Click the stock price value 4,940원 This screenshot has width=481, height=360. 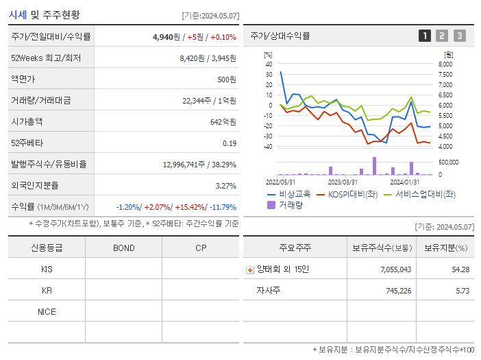pyautogui.click(x=164, y=37)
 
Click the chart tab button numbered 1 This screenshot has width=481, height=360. pyautogui.click(x=425, y=36)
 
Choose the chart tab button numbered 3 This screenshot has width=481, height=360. pyautogui.click(x=459, y=36)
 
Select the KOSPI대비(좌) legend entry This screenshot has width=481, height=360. pyautogui.click(x=348, y=194)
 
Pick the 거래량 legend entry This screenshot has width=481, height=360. pyautogui.click(x=291, y=204)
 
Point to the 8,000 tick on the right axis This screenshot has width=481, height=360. pyautogui.click(x=445, y=64)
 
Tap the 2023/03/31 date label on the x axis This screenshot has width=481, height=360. pyautogui.click(x=343, y=182)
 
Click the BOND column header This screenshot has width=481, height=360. pyautogui.click(x=123, y=248)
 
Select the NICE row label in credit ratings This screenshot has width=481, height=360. pyautogui.click(x=47, y=311)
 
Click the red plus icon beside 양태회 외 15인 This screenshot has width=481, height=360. pyautogui.click(x=249, y=269)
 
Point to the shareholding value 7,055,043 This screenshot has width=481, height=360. pyautogui.click(x=396, y=269)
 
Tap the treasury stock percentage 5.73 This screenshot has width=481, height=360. pyautogui.click(x=461, y=291)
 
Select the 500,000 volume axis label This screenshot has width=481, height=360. pyautogui.click(x=449, y=162)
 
